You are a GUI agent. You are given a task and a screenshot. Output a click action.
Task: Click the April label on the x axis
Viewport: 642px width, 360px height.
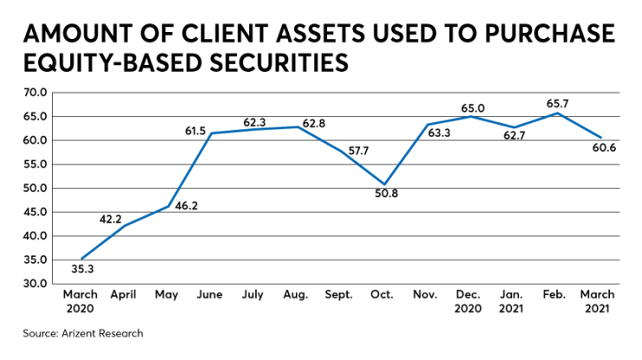[x=125, y=296]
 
